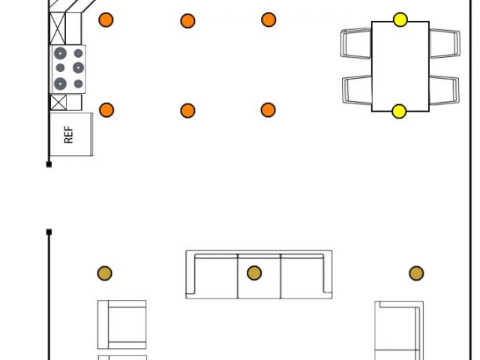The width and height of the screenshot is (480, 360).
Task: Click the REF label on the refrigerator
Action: (x=69, y=135)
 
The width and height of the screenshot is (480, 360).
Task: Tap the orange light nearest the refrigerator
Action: (x=106, y=110)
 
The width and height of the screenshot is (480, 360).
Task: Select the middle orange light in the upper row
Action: (x=187, y=21)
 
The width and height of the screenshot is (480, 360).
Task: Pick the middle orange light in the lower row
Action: (x=187, y=111)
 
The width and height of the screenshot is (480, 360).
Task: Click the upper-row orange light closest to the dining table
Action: (x=268, y=19)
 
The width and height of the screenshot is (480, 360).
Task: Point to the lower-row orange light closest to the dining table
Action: (x=268, y=110)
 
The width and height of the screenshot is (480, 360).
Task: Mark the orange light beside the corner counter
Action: (x=106, y=19)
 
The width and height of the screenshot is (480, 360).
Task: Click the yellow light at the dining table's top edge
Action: (x=400, y=19)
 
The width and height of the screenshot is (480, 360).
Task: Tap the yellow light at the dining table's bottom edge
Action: (x=399, y=112)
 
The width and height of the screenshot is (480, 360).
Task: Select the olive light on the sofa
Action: (x=254, y=273)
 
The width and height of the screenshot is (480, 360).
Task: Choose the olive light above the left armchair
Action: (x=104, y=273)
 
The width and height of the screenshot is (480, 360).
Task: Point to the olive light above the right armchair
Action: (x=416, y=274)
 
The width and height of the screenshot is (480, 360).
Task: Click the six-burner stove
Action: (x=68, y=69)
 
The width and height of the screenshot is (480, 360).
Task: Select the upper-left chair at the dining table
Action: (x=356, y=43)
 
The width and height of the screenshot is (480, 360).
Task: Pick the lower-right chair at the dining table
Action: (x=444, y=90)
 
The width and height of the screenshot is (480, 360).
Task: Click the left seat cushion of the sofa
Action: (x=216, y=276)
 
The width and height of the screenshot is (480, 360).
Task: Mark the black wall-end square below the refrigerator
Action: (x=49, y=163)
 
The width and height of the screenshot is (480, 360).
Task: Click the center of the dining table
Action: (x=400, y=66)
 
